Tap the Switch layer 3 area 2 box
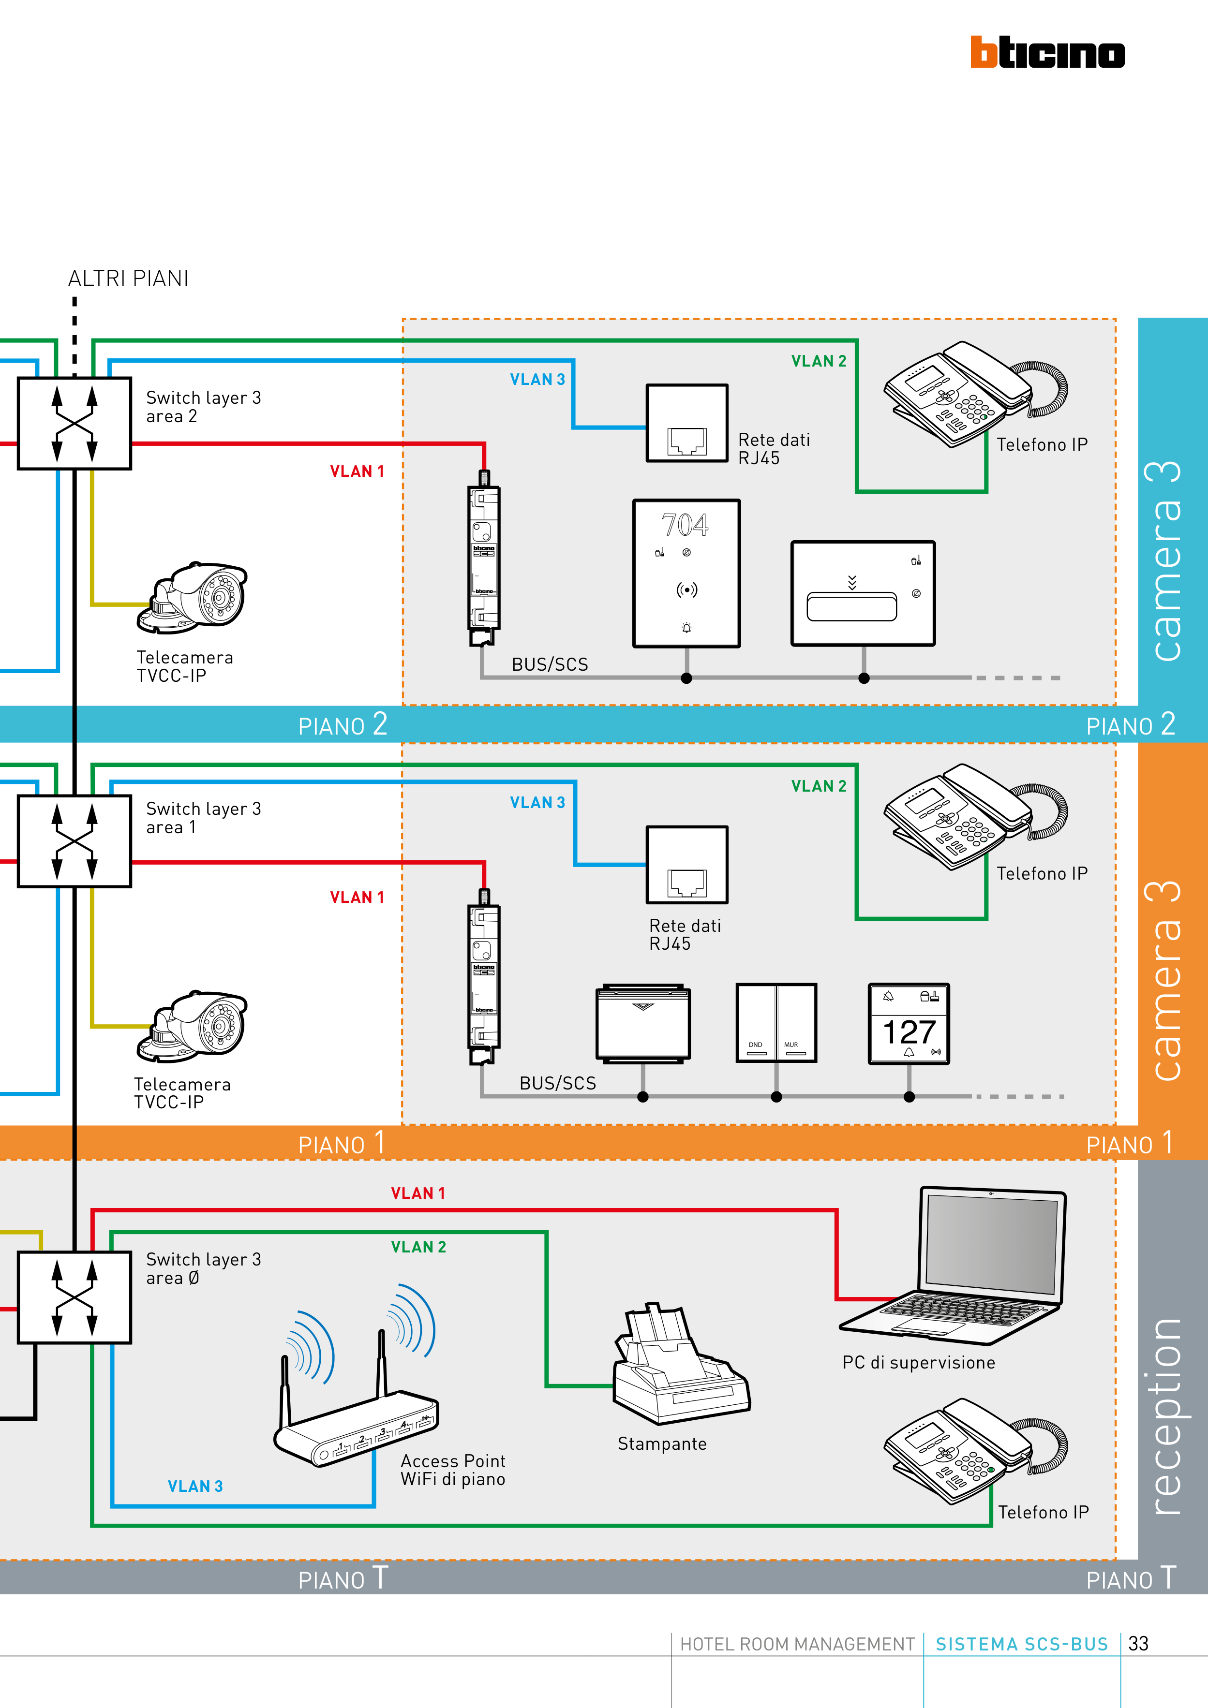[75, 423]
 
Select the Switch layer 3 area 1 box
[75, 840]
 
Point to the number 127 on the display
[909, 1032]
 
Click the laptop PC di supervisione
[960, 1265]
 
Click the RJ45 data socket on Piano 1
[687, 865]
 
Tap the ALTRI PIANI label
[128, 278]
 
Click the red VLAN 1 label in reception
[418, 1193]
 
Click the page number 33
[1138, 1643]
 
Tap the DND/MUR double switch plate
[776, 1023]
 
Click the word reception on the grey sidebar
[1165, 1417]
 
